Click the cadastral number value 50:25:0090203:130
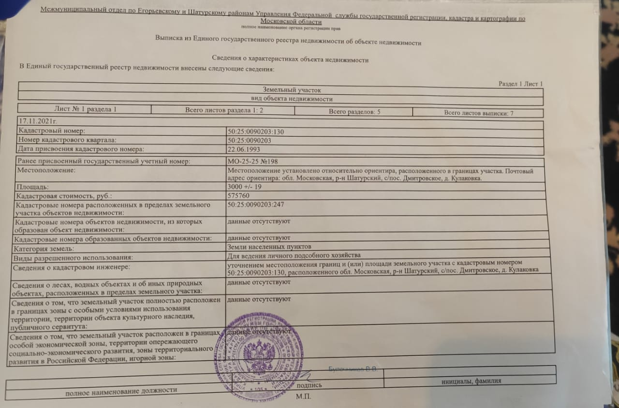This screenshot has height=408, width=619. [256, 131]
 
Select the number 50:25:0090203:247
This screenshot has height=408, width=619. [255, 205]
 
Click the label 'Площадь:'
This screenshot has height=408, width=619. [32, 186]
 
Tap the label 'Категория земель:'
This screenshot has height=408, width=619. [44, 248]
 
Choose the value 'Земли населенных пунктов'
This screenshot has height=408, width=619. [265, 247]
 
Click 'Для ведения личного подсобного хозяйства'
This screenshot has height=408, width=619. [294, 255]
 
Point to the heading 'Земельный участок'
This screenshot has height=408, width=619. [292, 90]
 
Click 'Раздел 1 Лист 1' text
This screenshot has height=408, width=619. [520, 84]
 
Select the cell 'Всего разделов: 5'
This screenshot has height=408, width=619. [354, 112]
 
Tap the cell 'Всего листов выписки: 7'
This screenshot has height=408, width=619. [478, 114]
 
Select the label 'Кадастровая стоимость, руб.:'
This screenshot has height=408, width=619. [63, 196]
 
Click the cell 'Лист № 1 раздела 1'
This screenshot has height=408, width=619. [85, 109]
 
